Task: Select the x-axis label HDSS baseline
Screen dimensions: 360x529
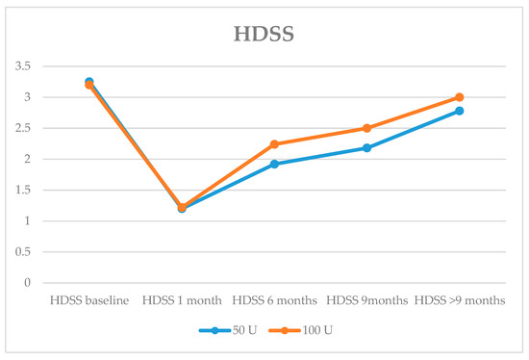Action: [x=89, y=301]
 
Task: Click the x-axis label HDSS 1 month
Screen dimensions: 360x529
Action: [x=182, y=301]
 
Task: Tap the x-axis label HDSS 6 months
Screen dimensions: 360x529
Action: [x=274, y=301]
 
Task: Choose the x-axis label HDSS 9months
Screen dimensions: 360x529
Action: [x=366, y=301]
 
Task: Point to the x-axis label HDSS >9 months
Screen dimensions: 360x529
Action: [x=459, y=301]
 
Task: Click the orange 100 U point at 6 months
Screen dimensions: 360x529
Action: [x=274, y=144]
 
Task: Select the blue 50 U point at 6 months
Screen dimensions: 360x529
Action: [x=274, y=164]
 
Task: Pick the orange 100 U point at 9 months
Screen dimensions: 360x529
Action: [x=366, y=128]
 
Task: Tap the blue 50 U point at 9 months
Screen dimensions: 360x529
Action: [x=366, y=148]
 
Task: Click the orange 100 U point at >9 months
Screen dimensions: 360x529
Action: [x=459, y=97]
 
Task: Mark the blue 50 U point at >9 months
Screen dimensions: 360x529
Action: [x=459, y=111]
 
